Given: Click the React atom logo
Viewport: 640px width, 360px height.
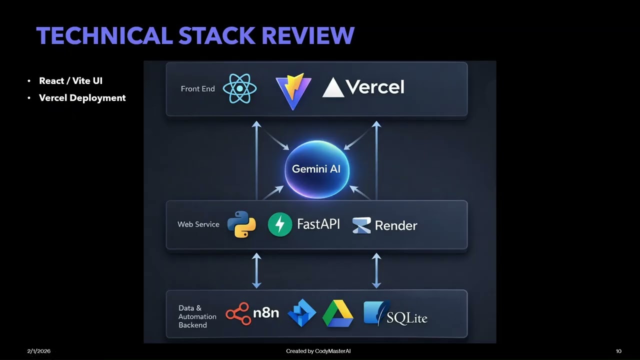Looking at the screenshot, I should coord(240,88).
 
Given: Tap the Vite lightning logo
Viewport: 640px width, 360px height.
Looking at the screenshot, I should coord(293,90).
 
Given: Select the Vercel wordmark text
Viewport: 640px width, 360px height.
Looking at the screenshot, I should coord(374,87).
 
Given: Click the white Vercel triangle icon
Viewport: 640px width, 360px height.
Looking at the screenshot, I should coord(333,88).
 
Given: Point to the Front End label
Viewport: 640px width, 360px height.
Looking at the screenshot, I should coord(197,88).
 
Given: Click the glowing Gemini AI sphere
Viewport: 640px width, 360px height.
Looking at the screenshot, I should coord(316,169).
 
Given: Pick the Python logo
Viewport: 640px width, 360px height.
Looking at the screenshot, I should coord(241,224).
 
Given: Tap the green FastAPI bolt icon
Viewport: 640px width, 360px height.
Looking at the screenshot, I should coord(280,224).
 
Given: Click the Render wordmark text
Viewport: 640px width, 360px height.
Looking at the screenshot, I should coord(395,225).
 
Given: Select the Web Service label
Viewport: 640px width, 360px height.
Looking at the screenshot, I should coord(198,224).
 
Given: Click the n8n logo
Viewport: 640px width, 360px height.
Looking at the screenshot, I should coord(252,313).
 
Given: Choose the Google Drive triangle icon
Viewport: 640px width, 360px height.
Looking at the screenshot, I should coord(337,313).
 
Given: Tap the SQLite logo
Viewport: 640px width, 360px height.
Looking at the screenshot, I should coord(395,313).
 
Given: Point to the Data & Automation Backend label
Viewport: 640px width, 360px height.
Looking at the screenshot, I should coord(197,316).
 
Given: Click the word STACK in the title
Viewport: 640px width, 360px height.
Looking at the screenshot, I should coord(218,36).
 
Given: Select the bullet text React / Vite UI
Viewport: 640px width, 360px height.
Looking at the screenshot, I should coord(70,81).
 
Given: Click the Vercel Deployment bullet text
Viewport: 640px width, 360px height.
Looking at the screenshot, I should coord(82,98).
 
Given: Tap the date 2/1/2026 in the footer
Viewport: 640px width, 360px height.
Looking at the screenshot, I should coord(38,351).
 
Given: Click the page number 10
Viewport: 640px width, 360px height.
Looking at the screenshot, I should coord(618,351).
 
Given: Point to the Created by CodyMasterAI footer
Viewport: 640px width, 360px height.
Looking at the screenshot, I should coord(318,351).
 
